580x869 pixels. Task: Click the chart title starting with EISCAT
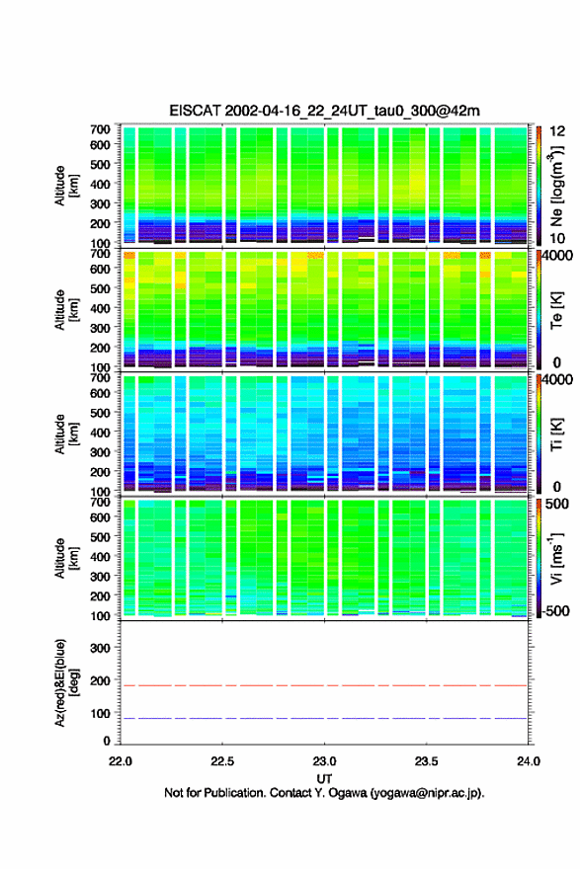(324, 111)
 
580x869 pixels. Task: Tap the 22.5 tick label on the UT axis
(222, 761)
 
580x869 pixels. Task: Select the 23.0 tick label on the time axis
(324, 761)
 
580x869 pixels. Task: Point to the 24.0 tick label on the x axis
(528, 761)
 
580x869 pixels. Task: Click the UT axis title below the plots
(324, 779)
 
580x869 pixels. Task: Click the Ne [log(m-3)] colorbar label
(556, 187)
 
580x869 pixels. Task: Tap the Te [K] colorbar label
(556, 310)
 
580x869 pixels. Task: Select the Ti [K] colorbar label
(556, 434)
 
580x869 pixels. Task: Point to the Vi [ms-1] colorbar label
(556, 558)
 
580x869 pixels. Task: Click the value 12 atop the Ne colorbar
(557, 130)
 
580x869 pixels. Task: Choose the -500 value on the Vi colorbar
(554, 610)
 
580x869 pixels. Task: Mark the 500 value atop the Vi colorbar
(557, 504)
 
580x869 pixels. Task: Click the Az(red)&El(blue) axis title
(66, 682)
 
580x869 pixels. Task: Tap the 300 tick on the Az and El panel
(100, 648)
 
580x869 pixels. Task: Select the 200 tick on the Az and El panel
(100, 680)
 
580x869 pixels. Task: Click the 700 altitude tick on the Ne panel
(100, 129)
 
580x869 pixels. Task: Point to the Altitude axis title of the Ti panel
(66, 434)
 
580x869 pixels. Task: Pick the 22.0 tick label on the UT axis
(121, 761)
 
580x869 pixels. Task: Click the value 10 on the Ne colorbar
(557, 238)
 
